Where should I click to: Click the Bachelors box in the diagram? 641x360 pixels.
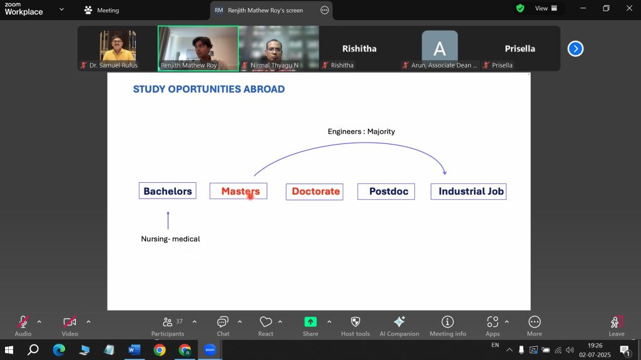coord(168,191)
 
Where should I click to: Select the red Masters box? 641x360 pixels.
coord(238,191)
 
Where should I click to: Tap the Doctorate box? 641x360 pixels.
coord(314,192)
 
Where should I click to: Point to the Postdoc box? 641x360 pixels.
coord(386,192)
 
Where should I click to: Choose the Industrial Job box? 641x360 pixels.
coord(468,192)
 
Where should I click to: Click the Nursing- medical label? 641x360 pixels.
coord(170,239)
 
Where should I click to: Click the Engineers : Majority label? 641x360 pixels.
coord(361,131)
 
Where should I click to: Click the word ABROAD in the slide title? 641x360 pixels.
coord(264,89)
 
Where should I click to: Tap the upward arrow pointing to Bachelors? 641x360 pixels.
coord(168,220)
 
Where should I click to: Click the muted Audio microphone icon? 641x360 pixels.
coord(23,322)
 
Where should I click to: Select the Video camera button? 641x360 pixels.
coord(70,322)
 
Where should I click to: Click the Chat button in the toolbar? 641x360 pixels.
coord(223,326)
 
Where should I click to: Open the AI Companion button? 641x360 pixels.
coord(399,326)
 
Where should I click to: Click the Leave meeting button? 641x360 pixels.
coord(617,326)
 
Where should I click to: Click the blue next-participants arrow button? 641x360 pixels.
coord(575,49)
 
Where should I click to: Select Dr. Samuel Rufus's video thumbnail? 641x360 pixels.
coord(118,48)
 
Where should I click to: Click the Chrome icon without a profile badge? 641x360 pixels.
coord(160,350)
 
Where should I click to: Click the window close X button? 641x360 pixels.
coord(629,8)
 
